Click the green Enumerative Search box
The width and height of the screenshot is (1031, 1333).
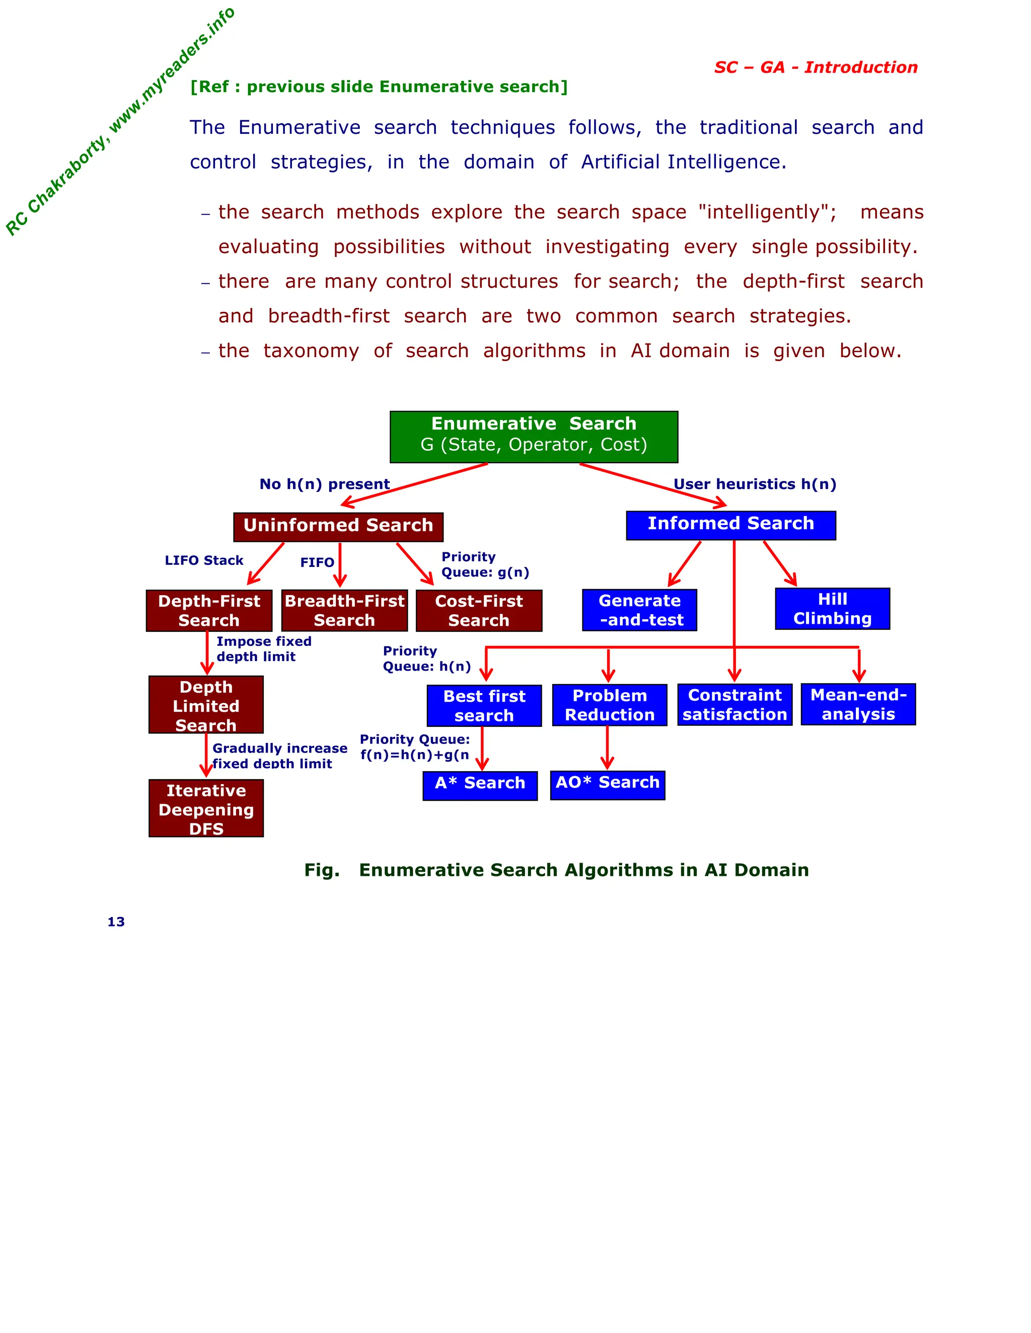(533, 437)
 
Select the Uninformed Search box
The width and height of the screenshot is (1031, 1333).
(338, 526)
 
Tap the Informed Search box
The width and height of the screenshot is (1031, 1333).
(730, 525)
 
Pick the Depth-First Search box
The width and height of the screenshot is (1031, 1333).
(209, 610)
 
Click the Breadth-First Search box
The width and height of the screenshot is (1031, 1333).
(344, 610)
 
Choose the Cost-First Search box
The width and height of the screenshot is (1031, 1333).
(479, 610)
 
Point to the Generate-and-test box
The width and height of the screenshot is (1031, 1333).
(639, 610)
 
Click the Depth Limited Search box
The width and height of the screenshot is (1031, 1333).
(206, 704)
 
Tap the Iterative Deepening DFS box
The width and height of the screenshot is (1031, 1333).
(206, 808)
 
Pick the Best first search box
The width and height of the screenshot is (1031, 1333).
(484, 706)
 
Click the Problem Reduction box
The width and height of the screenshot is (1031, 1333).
(610, 705)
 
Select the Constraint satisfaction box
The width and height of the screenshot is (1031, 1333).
(735, 704)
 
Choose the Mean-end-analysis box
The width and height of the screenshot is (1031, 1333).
(858, 704)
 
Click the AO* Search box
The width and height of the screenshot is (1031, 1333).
(608, 784)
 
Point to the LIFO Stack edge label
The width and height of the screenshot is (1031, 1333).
(204, 560)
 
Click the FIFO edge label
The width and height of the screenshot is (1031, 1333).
(317, 562)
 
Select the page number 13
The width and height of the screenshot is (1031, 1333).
(116, 922)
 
